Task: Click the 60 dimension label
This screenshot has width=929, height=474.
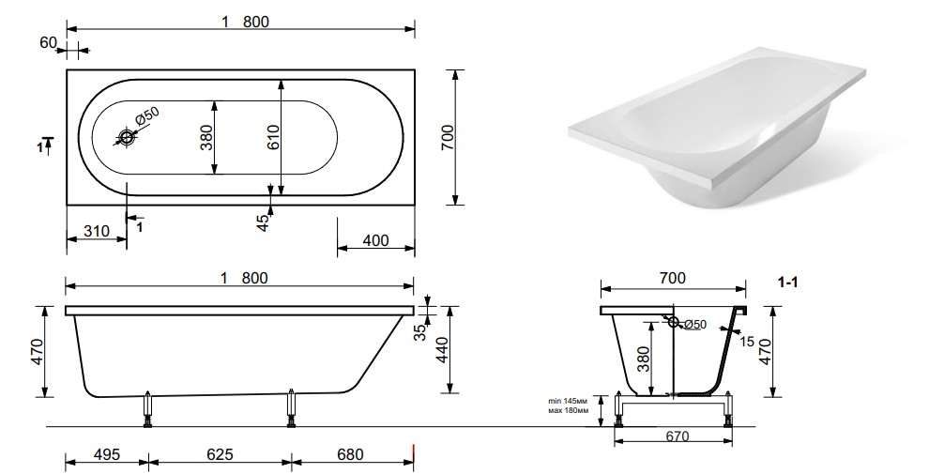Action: coord(49,42)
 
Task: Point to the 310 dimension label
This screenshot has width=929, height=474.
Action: coord(97,231)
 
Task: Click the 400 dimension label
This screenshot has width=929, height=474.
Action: coord(374,241)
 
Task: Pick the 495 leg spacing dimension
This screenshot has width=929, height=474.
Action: coord(106,455)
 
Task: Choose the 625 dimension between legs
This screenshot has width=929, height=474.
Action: coord(219,455)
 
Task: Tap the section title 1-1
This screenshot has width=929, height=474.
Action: coord(789,281)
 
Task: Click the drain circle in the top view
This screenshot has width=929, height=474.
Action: coord(127,138)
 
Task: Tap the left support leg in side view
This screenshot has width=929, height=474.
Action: coord(147,409)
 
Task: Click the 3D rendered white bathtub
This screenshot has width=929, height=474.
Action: coord(732,131)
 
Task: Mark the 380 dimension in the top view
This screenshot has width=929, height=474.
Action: coord(206,138)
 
